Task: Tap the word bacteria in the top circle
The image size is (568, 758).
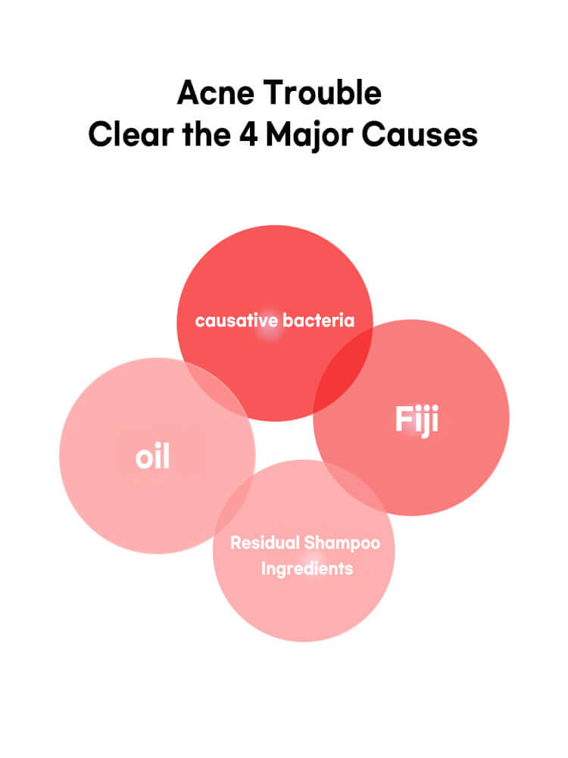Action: (318, 321)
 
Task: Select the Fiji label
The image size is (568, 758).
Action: (417, 419)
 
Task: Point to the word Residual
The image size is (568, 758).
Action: (264, 543)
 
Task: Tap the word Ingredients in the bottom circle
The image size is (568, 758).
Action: (307, 568)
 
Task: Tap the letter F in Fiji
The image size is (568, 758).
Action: (402, 419)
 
